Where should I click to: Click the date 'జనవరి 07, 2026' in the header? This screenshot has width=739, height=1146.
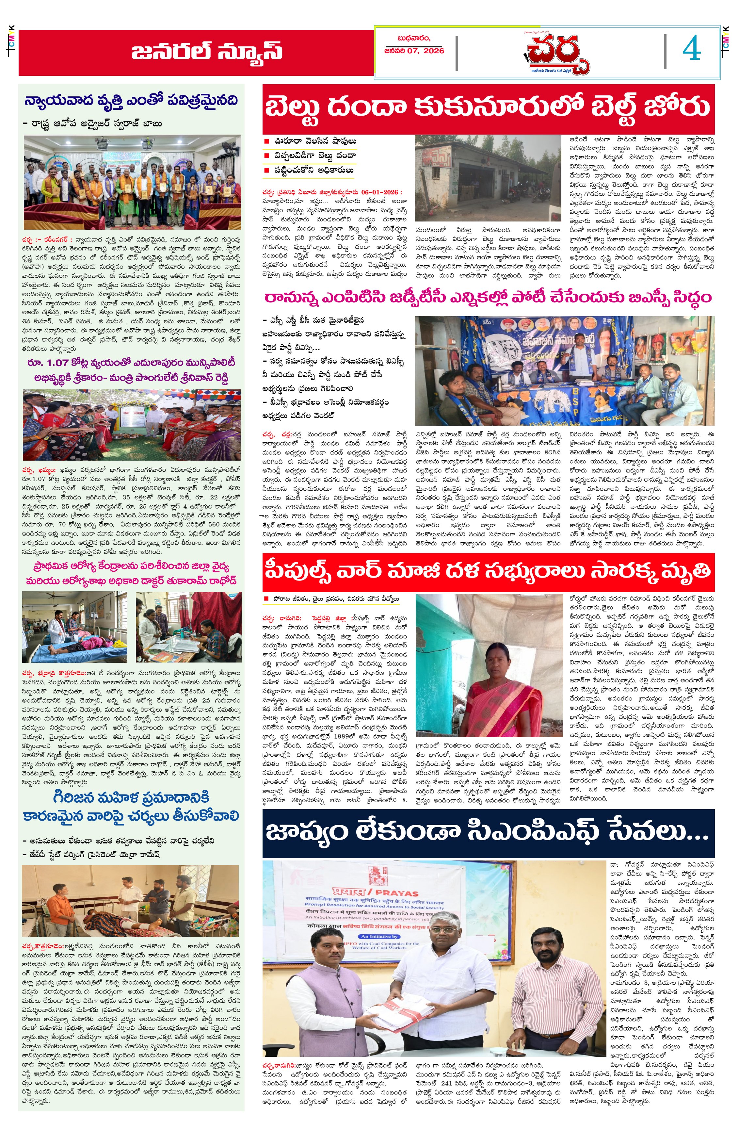(414, 50)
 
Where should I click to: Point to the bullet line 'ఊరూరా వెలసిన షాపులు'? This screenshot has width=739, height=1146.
(315, 141)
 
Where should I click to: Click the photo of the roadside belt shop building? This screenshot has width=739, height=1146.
(488, 178)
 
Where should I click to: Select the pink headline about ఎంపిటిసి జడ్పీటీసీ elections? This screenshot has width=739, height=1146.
(488, 298)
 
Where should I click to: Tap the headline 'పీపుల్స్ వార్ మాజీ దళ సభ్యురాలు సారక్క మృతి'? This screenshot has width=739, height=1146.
(488, 572)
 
